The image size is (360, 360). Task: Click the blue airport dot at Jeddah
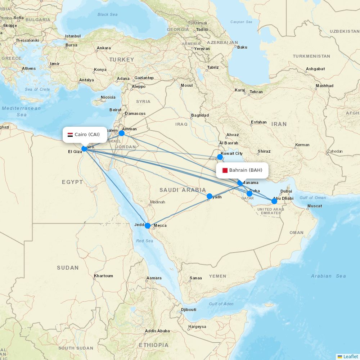(147, 226)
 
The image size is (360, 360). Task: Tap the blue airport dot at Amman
(122, 133)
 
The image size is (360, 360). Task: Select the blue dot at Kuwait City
(220, 157)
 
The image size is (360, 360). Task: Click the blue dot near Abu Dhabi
(274, 201)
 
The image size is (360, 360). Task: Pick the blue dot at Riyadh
(210, 196)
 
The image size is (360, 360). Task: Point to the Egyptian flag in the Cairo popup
(70, 135)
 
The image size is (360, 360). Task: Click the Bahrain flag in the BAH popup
(225, 170)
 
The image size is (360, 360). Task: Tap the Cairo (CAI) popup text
(87, 135)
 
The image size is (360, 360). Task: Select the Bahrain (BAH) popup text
(246, 170)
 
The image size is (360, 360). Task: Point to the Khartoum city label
(103, 276)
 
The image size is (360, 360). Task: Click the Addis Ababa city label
(157, 331)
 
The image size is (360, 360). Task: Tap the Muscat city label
(314, 206)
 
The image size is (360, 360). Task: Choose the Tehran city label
(256, 92)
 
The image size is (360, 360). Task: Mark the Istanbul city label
(73, 36)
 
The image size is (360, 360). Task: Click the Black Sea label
(108, 14)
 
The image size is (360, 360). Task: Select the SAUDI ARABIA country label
(183, 190)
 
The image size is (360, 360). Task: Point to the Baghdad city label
(200, 115)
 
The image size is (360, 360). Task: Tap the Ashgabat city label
(315, 69)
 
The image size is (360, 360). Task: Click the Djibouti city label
(189, 310)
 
